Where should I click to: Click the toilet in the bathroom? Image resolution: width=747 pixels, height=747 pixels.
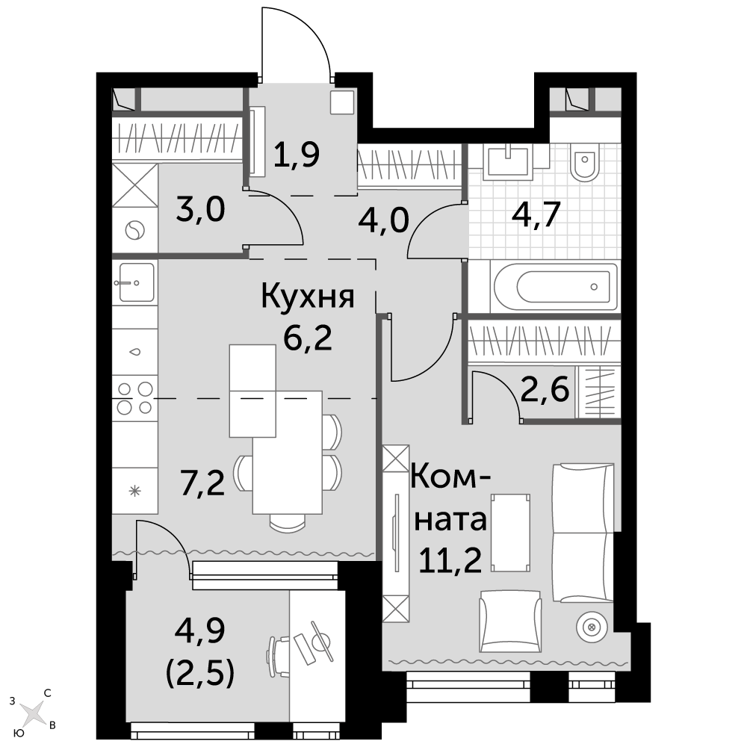coord(585,162)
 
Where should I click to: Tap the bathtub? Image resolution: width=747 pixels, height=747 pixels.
coord(556,287)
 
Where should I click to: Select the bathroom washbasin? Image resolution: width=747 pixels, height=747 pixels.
coord(508,161)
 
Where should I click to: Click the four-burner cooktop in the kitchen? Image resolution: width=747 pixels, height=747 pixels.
coord(134,398)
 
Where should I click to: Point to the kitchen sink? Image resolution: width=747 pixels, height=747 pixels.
coord(135,282)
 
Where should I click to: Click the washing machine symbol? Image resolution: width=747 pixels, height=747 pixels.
coord(134,232)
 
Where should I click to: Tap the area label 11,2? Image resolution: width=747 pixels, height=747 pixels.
coord(450,560)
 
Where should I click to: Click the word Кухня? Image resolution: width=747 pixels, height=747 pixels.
coord(308,296)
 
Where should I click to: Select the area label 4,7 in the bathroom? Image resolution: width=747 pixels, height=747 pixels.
coord(536,215)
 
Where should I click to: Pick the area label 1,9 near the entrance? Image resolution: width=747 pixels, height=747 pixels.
coord(297,154)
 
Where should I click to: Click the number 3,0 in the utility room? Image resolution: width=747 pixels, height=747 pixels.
coord(200,210)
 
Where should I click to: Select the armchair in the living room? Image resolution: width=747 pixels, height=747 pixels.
coord(511,622)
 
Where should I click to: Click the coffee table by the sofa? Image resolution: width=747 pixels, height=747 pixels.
coord(511,533)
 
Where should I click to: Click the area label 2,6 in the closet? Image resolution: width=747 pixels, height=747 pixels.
coord(545,391)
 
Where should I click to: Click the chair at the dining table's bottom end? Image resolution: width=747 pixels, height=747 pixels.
coord(288,522)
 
